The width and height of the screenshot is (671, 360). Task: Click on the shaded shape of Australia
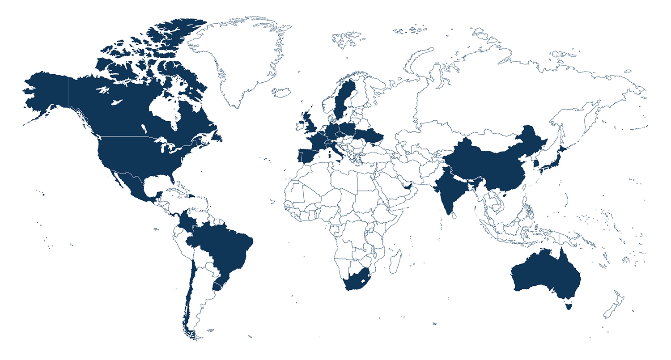546,273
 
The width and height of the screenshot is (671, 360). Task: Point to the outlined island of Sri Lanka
454,216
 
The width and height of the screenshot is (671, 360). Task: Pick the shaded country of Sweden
344,98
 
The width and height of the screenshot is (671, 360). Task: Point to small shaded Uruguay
218,286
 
